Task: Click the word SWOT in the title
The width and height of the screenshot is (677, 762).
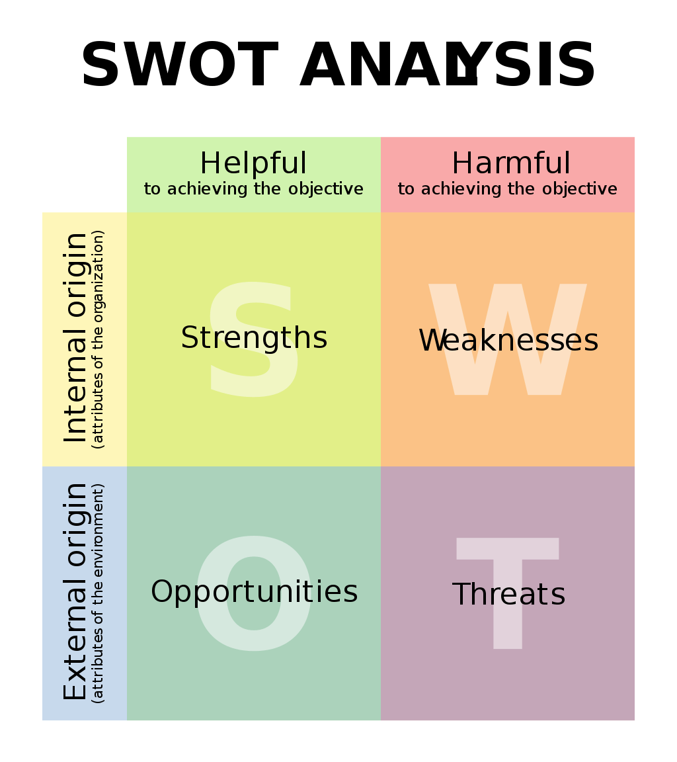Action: tap(180, 64)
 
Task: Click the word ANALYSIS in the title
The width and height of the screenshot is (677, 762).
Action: tap(448, 64)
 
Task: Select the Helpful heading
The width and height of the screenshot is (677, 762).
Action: tap(253, 163)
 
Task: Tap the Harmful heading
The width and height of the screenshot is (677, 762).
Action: tap(511, 163)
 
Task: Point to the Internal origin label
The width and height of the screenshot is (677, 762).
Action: tap(75, 338)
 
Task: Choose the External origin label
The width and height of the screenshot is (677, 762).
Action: tap(75, 591)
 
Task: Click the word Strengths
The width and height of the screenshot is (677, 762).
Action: tap(254, 338)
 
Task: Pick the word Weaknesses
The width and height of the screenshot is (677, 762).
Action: tap(508, 340)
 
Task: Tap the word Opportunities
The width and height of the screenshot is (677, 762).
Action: tap(254, 593)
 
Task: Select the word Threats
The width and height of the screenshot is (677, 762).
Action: tap(509, 593)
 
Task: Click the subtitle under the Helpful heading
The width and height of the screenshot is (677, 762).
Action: tap(253, 189)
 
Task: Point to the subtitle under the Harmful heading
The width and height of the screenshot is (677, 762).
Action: tap(508, 189)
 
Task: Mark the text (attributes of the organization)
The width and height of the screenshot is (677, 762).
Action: tap(98, 339)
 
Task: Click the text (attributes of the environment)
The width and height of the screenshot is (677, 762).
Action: tap(98, 593)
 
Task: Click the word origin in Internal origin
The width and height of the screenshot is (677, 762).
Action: tap(75, 275)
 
